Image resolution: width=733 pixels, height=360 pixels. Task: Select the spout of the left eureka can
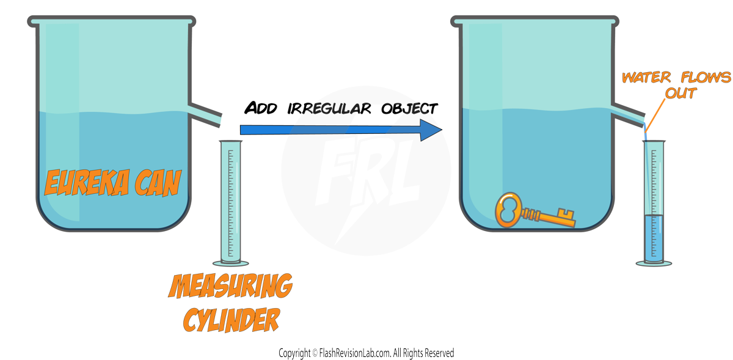coord(205,113)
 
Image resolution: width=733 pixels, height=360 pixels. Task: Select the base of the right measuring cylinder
coord(654,263)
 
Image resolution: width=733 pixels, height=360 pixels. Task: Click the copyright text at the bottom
coord(366,353)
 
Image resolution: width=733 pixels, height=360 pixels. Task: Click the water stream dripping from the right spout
coord(644,130)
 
